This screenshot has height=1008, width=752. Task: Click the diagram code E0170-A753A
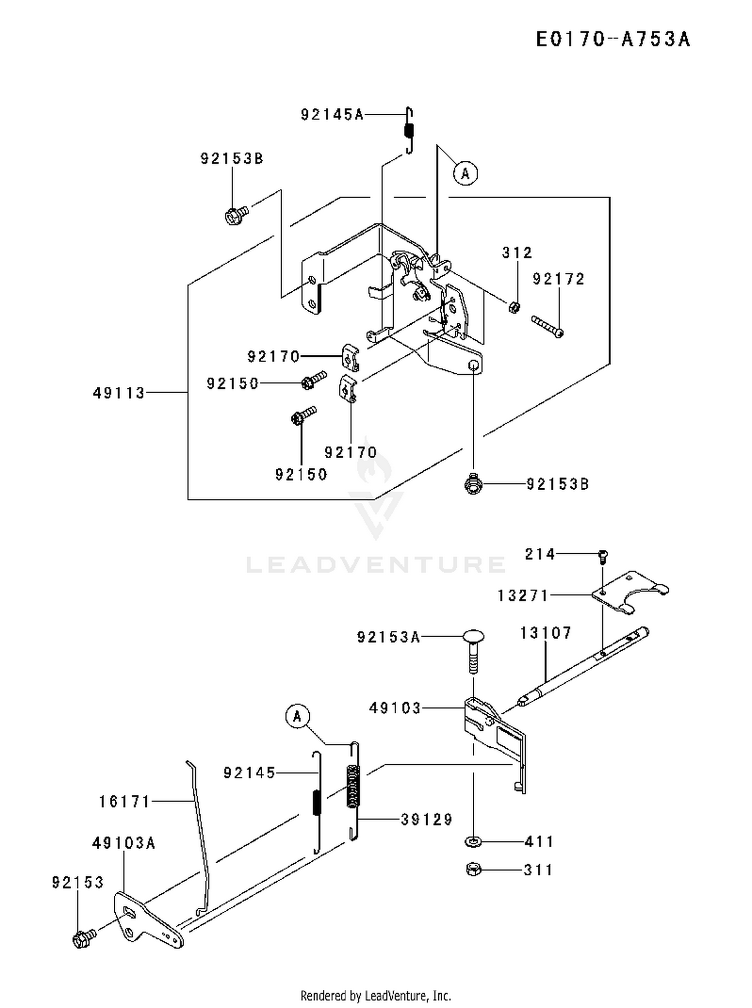click(613, 40)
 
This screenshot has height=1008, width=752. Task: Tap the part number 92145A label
click(332, 115)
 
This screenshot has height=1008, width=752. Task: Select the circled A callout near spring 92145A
click(465, 173)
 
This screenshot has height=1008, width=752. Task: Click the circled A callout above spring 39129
click(298, 716)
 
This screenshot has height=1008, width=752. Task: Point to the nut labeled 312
click(514, 307)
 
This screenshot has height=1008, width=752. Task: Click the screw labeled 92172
click(547, 326)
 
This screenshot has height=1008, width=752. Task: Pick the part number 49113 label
click(119, 392)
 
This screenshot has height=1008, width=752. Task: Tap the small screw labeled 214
click(603, 555)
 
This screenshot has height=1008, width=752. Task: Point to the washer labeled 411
click(473, 842)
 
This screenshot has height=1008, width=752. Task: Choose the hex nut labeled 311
click(473, 869)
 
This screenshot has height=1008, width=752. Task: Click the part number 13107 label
click(545, 633)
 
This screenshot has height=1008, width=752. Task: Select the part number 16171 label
click(124, 801)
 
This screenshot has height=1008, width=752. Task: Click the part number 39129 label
click(427, 820)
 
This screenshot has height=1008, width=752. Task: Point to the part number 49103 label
click(395, 708)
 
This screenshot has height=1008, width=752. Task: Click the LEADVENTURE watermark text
click(375, 564)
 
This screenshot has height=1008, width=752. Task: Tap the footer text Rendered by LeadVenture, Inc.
click(375, 995)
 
